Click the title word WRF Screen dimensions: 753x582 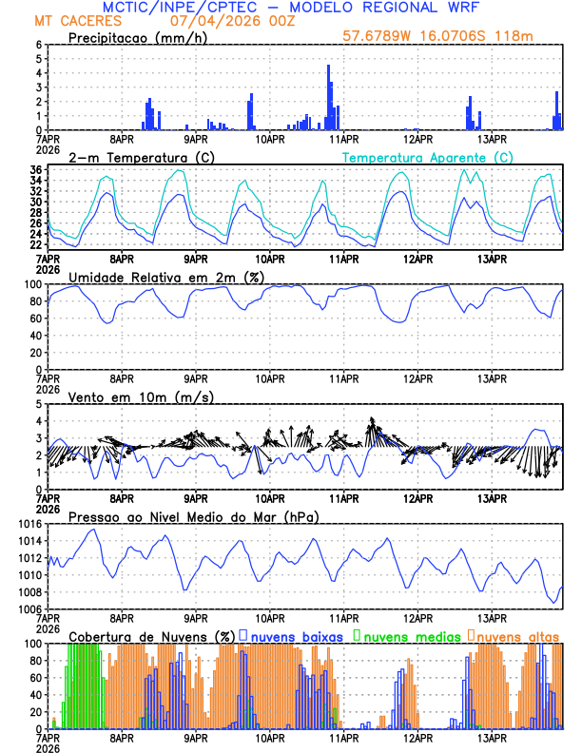click(458, 7)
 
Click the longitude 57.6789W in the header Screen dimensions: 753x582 click(378, 37)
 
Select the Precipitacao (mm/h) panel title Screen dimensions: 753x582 click(138, 38)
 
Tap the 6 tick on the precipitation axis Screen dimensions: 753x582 click(39, 45)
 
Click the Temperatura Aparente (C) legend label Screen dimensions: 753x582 click(428, 157)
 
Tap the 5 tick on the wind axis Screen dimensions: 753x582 click(39, 404)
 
